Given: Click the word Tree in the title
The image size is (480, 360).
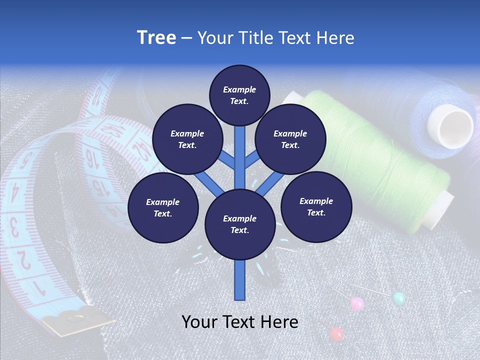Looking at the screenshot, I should [156, 38].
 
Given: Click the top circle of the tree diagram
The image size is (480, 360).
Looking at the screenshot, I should [239, 95].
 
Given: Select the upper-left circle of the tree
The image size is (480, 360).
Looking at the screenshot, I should [187, 139].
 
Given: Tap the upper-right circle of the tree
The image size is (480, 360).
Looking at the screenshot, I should [290, 139].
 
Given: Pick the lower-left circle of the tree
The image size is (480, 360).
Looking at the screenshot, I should [163, 207].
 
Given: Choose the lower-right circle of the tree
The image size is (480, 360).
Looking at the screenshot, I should [316, 206].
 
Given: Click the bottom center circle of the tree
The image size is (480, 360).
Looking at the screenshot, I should [240, 224].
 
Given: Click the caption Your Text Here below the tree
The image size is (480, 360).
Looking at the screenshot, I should [240, 322].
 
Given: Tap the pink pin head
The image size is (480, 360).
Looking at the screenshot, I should [357, 303].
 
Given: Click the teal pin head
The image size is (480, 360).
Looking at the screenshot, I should [398, 298].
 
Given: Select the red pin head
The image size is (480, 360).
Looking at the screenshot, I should [337, 333].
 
